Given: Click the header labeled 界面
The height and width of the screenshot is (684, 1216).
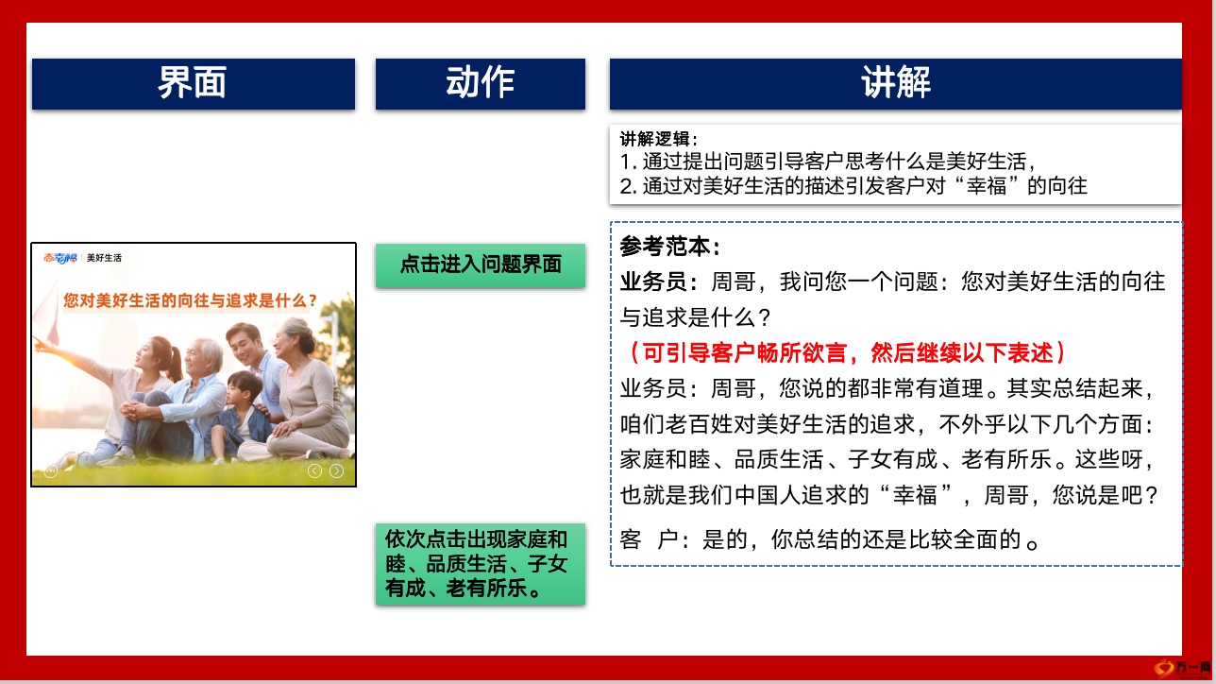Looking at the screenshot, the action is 194,84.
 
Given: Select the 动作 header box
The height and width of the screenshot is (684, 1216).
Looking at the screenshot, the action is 481,84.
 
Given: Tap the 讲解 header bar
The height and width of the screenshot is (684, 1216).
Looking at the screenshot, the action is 896,84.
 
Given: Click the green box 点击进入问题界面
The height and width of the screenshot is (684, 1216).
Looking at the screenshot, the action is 481,265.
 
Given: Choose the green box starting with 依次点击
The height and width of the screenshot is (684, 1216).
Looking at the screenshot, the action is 481,564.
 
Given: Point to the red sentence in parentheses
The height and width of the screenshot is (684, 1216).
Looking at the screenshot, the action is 843,353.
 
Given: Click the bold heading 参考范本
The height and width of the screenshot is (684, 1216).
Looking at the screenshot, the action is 670,247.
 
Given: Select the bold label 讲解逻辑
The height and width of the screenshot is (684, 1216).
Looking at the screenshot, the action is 658,139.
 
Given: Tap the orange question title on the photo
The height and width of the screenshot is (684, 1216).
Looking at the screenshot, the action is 190,300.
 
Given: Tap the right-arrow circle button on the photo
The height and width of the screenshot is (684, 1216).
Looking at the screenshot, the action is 336,471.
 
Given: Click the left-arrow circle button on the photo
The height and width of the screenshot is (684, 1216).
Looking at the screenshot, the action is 315,471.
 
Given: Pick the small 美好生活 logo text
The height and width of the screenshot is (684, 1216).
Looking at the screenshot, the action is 104,258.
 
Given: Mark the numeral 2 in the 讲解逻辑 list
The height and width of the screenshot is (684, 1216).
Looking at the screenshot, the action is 627,186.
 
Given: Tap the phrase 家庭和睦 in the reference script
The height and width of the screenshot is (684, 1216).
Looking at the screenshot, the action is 665,460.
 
